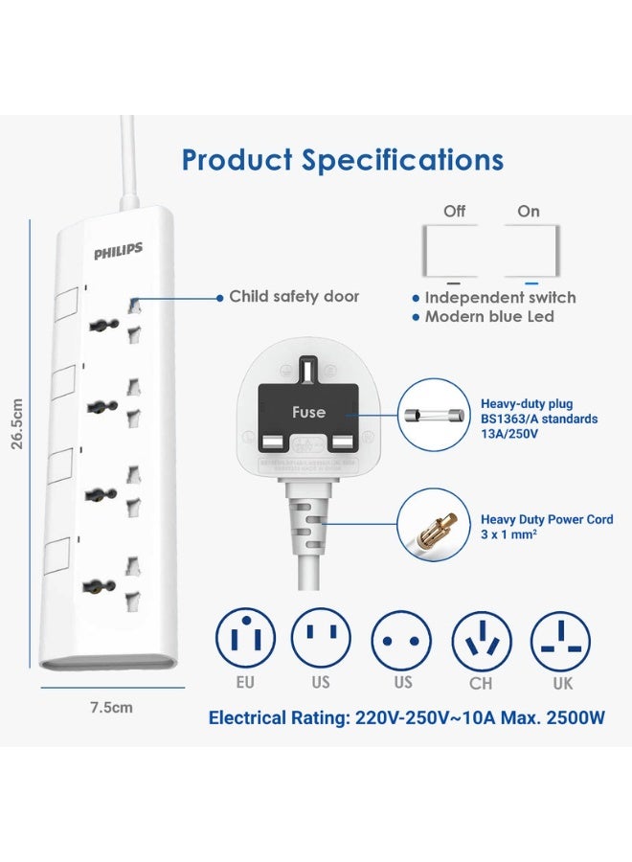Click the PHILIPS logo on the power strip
point(118,251)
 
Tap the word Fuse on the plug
point(308,413)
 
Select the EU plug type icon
point(245,636)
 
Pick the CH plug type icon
point(481,636)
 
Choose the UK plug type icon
point(563,636)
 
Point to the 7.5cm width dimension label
point(111,708)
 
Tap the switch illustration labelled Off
point(454,250)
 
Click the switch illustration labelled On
point(530,250)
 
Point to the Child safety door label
point(294,297)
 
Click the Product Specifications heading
point(342,159)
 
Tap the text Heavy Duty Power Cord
point(546,520)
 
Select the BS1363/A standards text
point(540,419)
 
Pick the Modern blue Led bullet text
point(488,317)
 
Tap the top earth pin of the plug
point(307,368)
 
